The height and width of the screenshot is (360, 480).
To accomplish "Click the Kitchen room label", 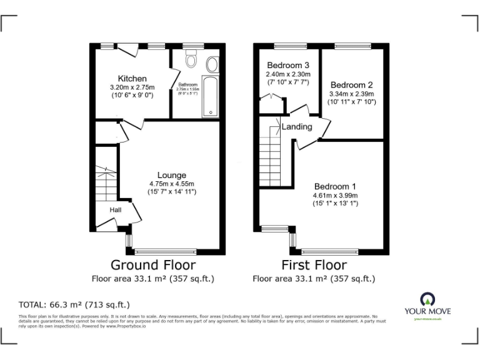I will coord(132,79).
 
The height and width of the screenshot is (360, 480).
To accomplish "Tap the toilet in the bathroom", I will coord(191,61).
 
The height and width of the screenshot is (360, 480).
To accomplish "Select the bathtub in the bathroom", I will coord(209,97).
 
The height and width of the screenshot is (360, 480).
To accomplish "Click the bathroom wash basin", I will coord(212,64).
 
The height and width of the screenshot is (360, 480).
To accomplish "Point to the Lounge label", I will coord(171,175).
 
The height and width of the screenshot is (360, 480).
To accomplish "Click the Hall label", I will coord(116,210).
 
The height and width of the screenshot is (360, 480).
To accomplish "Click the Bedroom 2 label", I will coord(352,85).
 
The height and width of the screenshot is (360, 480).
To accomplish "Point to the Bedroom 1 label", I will coord(335,186).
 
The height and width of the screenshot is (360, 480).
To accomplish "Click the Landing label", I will coord(297,127).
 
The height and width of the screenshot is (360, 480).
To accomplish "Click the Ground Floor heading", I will coord(152,265).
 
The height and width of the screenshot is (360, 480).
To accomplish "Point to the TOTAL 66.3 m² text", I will coord(74,305).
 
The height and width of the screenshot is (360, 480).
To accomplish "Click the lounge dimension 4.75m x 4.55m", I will coord(172,184).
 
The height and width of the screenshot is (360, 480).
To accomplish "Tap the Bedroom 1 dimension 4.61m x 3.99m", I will coord(335,195).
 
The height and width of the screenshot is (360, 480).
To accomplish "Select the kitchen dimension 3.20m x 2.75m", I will coord(132,87).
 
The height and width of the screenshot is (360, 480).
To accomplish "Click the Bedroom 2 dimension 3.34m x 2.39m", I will coord(352,94).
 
